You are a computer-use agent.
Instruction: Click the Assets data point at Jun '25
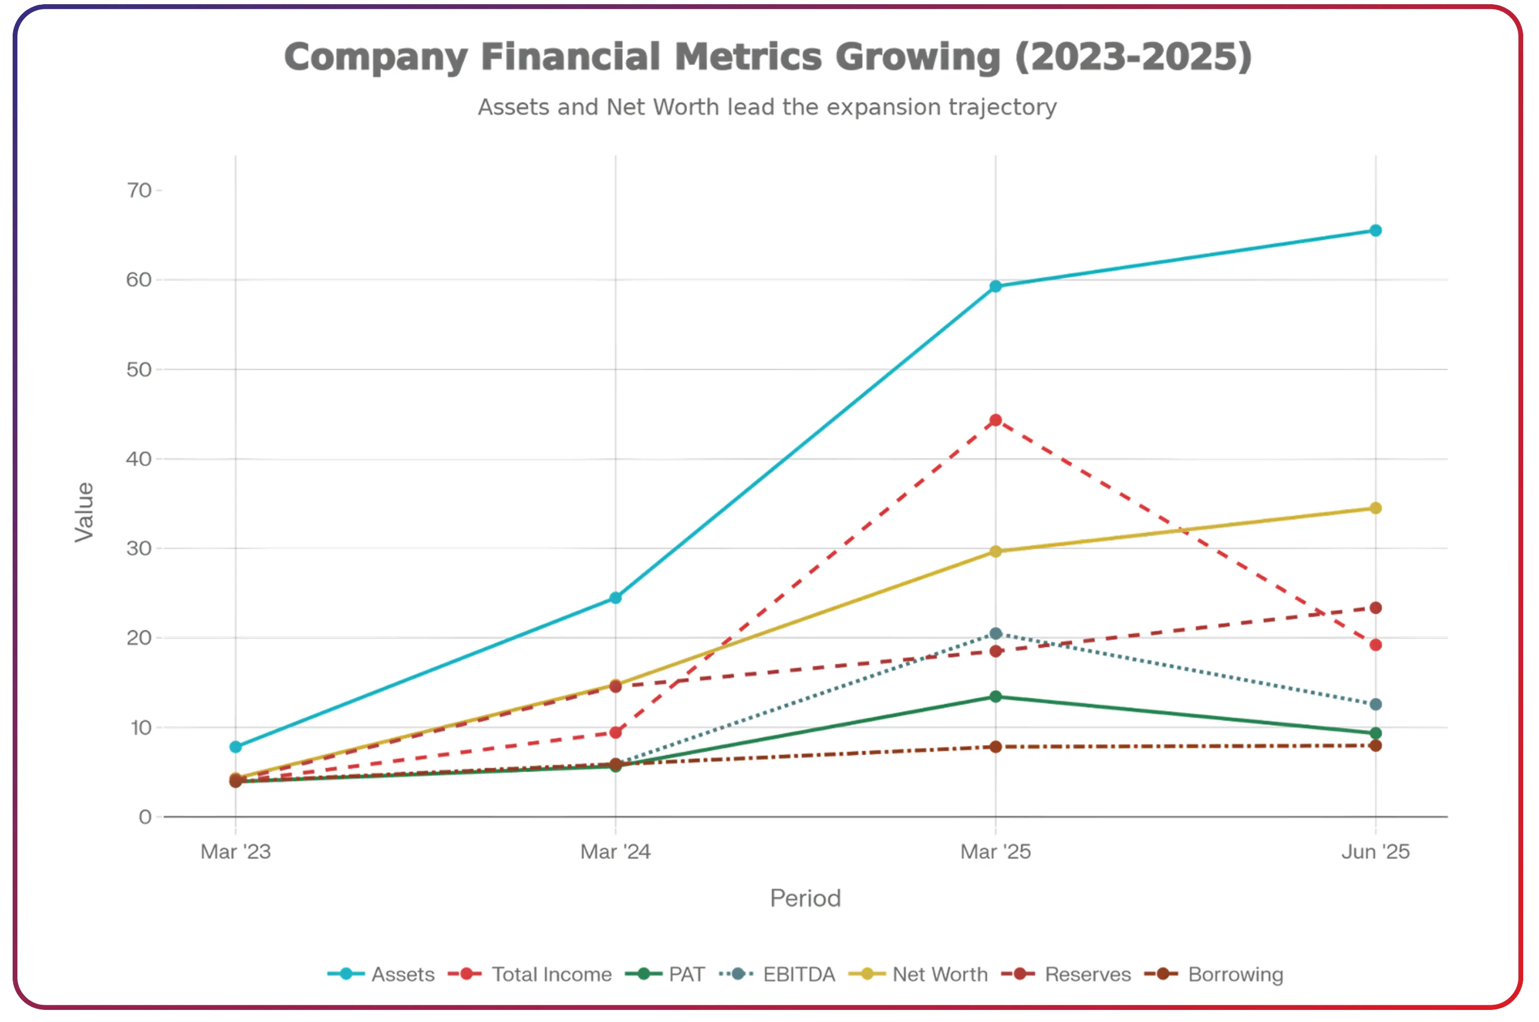[1375, 231]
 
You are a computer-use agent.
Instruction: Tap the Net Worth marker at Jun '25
[1375, 508]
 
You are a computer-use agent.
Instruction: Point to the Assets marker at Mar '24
[615, 598]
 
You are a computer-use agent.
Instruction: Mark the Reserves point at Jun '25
[1375, 608]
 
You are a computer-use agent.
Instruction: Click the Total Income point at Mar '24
[615, 733]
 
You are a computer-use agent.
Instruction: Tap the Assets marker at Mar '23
[235, 747]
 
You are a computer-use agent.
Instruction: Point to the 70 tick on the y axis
[139, 191]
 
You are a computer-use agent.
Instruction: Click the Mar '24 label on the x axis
[615, 852]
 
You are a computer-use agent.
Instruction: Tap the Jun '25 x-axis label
[1375, 852]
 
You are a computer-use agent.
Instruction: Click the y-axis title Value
[84, 512]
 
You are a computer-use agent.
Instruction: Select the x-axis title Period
[805, 899]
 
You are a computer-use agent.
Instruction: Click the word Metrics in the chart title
[747, 57]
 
